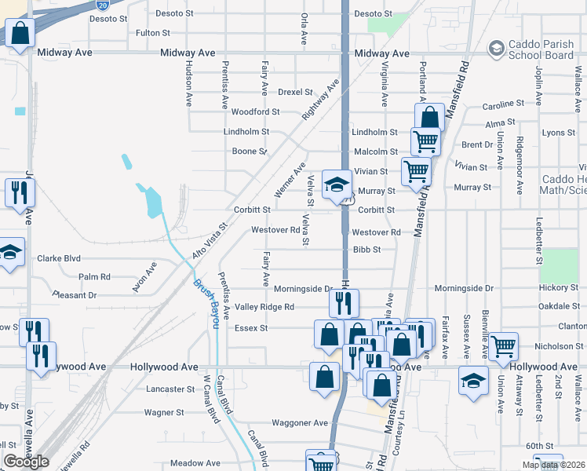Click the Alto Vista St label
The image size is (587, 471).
point(209,241)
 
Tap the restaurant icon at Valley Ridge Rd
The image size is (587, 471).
point(344,302)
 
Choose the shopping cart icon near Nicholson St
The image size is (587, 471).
point(502,345)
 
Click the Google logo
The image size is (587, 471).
point(26,462)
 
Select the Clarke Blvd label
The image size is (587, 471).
point(59,257)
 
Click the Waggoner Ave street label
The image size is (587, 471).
point(299,422)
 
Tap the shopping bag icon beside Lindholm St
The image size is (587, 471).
point(429,119)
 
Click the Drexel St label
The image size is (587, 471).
point(295,92)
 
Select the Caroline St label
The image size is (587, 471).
point(502,104)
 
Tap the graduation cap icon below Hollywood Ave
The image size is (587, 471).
point(473,381)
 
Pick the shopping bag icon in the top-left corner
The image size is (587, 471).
point(20,34)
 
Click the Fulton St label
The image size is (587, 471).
point(153,33)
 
